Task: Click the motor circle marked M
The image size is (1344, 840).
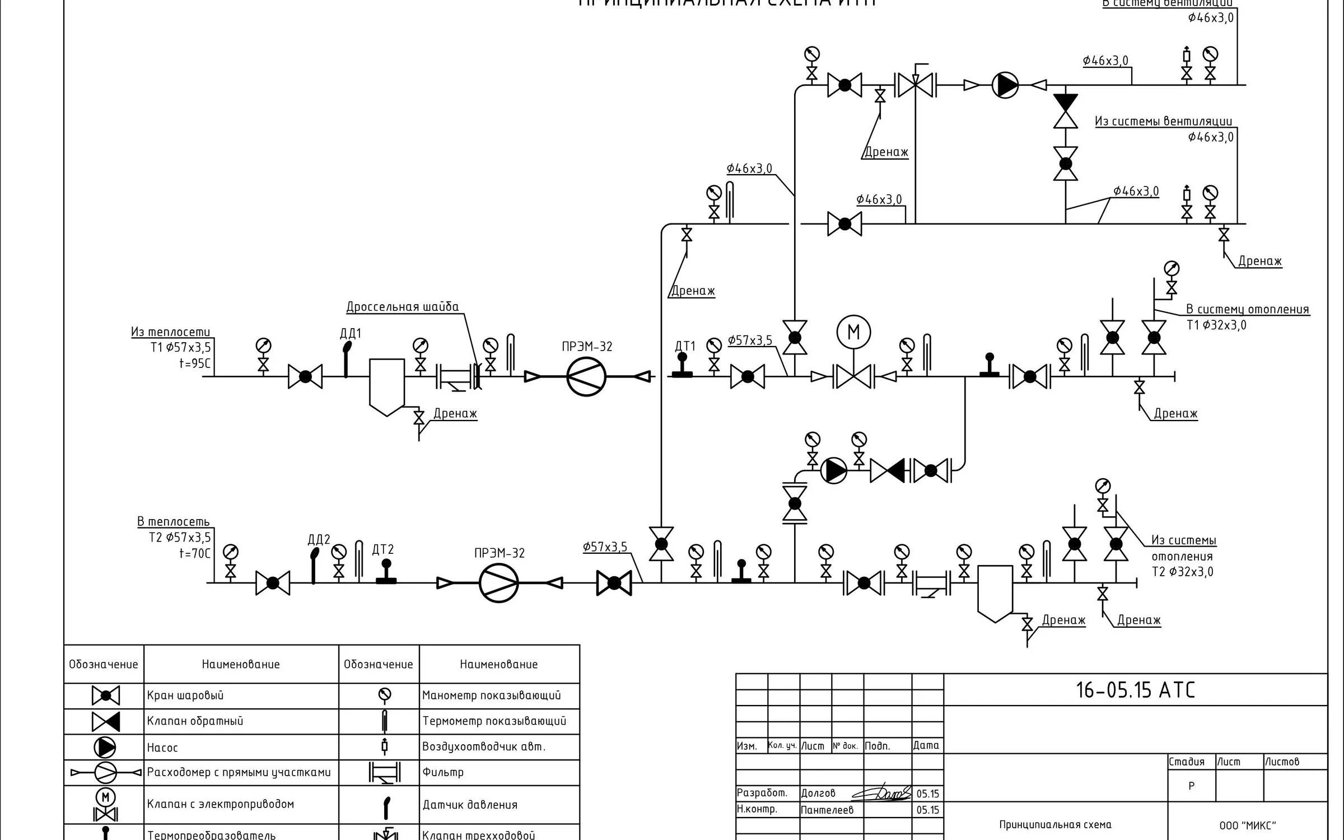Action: point(853,332)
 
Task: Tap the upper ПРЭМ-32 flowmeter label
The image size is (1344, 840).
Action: point(587,347)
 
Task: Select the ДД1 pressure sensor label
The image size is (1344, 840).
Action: point(351,334)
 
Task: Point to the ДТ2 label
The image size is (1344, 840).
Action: point(383,549)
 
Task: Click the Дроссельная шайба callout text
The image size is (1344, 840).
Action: point(402,307)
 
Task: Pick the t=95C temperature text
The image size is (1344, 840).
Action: point(194,363)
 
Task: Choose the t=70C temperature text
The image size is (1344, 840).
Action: point(194,553)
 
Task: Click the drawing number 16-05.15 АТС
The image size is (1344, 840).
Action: point(1135,690)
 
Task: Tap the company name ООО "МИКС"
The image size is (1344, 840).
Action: point(1247,825)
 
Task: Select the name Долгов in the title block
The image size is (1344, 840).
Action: point(818,793)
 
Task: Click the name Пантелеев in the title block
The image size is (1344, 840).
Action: point(827,810)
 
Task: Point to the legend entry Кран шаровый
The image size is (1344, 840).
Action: point(185,696)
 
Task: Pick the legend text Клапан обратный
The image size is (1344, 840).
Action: point(195,721)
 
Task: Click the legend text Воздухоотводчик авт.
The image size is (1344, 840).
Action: point(484,747)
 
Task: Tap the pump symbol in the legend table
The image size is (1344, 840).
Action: point(105,748)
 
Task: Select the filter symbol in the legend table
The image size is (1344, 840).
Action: point(384,773)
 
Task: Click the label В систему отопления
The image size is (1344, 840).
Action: point(1248,309)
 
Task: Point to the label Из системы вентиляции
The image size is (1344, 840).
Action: point(1163,122)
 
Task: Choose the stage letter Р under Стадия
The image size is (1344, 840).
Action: point(1191,786)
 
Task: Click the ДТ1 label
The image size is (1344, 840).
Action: point(685,346)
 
